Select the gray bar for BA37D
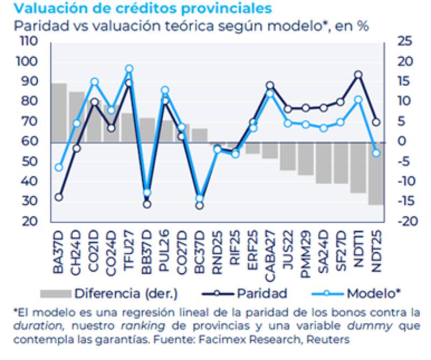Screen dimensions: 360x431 click(x=59, y=113)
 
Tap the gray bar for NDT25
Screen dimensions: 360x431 click(x=376, y=174)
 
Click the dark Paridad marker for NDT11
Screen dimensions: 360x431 click(x=358, y=75)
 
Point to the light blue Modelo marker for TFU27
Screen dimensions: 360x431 click(x=129, y=69)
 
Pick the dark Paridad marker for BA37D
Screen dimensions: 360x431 click(x=59, y=197)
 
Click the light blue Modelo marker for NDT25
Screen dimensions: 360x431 click(x=376, y=153)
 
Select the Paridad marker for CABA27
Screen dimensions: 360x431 click(x=270, y=86)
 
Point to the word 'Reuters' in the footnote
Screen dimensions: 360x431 click(x=329, y=340)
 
